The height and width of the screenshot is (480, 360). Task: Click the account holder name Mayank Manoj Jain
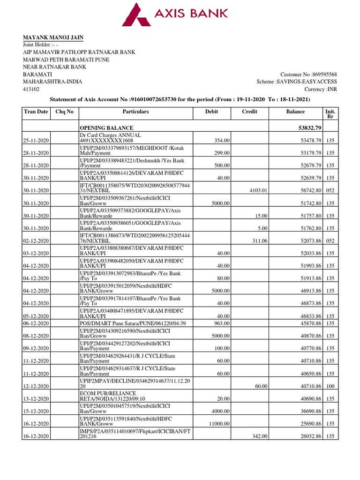(x=54, y=37)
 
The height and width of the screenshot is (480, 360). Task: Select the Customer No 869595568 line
(x=308, y=75)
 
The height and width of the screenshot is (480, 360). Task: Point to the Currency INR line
(x=321, y=89)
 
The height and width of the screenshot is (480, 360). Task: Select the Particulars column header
(x=135, y=112)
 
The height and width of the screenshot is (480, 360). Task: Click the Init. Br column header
(x=330, y=114)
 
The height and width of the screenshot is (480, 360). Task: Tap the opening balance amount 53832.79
(x=306, y=127)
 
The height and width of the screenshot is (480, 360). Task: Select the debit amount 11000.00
(x=219, y=424)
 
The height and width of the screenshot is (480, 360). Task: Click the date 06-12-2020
(x=37, y=323)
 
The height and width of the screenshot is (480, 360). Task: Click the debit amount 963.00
(x=222, y=323)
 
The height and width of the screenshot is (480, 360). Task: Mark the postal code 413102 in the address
(x=31, y=89)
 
